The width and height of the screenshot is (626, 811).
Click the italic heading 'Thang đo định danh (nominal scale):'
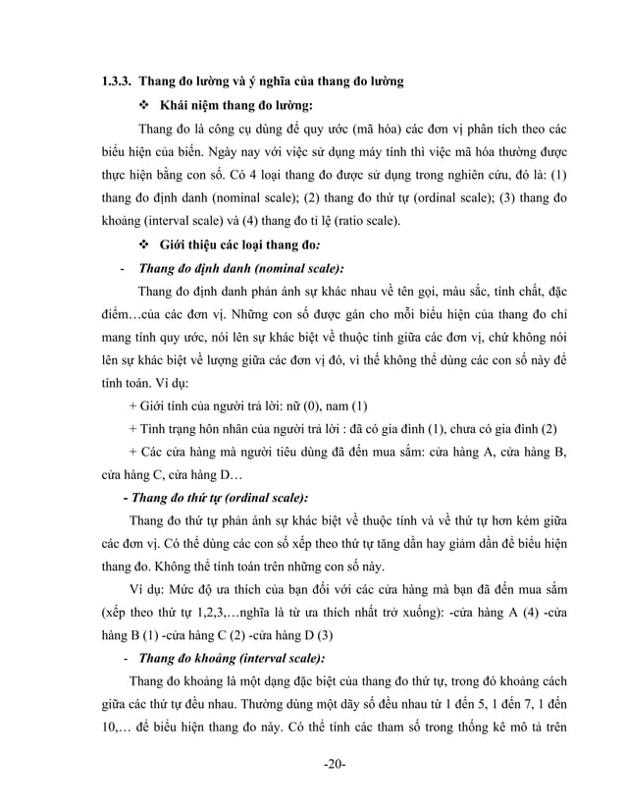click(x=241, y=268)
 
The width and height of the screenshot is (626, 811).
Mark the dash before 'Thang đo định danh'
click(x=120, y=268)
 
